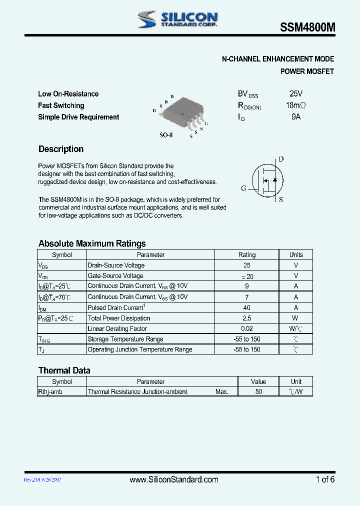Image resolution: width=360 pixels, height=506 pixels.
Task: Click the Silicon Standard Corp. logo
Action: [177, 19]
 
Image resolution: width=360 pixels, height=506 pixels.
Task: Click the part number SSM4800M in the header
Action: [307, 28]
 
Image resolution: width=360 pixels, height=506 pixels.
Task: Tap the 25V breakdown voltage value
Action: [296, 93]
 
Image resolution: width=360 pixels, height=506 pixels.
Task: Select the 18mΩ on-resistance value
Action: [295, 105]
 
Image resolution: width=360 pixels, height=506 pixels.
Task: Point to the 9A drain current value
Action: [296, 117]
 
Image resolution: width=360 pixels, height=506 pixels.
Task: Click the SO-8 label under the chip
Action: [166, 135]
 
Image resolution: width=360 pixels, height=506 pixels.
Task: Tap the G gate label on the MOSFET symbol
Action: [243, 188]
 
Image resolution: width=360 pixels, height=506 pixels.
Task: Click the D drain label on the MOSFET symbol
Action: [281, 159]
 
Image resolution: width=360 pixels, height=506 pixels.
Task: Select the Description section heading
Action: [61, 149]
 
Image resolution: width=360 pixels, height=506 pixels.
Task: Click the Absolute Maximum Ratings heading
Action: [92, 243]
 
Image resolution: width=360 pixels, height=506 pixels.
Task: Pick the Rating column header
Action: [247, 254]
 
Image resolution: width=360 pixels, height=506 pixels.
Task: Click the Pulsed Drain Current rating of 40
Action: [247, 308]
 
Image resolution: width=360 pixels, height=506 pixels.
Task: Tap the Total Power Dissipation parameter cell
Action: [119, 318]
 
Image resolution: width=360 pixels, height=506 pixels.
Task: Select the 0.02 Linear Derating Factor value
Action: [247, 329]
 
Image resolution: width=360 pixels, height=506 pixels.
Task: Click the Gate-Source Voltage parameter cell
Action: [115, 276]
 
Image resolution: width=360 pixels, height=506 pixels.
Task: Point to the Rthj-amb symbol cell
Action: [50, 392]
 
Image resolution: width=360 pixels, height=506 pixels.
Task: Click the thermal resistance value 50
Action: [258, 392]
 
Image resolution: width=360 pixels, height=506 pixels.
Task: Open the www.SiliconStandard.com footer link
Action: [174, 479]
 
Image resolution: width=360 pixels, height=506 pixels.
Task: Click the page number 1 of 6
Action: [325, 479]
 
